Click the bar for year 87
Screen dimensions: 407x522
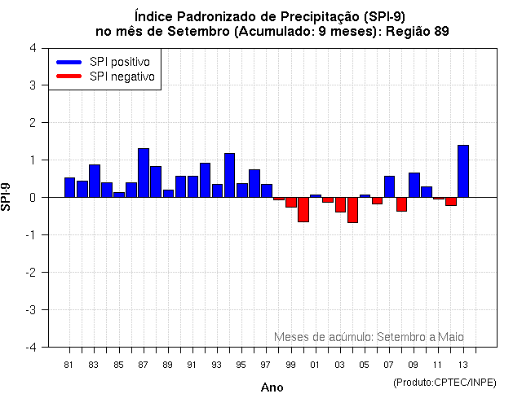pyautogui.click(x=144, y=173)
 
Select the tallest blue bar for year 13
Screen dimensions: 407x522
pyautogui.click(x=463, y=171)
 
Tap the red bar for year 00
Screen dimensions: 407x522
pyautogui.click(x=303, y=209)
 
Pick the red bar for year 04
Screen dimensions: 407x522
pyautogui.click(x=352, y=210)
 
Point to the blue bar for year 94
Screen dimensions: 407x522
pyautogui.click(x=229, y=175)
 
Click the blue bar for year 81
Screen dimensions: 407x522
pyautogui.click(x=69, y=187)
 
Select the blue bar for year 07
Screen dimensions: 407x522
pyautogui.click(x=389, y=186)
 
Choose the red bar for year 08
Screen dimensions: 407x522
pyautogui.click(x=401, y=204)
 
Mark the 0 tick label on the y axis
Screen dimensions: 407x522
pyautogui.click(x=32, y=198)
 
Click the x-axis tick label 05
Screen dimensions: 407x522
pyautogui.click(x=364, y=364)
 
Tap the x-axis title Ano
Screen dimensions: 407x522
pyautogui.click(x=272, y=387)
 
